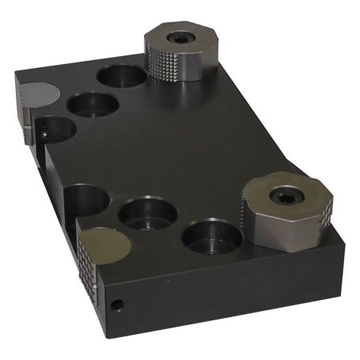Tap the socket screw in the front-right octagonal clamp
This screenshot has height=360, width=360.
pos(282,194)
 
